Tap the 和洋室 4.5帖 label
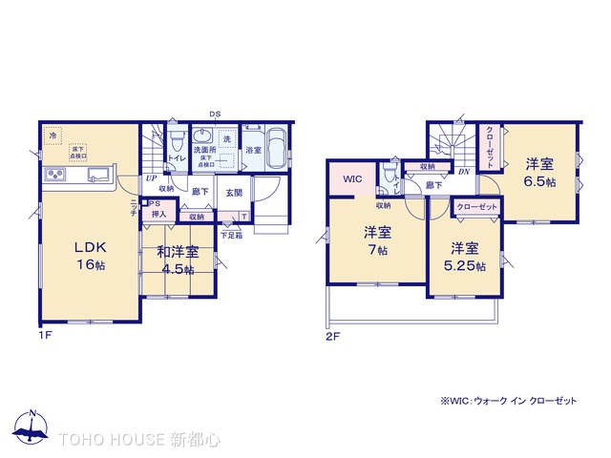[x=178, y=260]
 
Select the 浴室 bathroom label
[x=253, y=150]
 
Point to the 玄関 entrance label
[x=233, y=192]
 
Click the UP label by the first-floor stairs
[x=151, y=178]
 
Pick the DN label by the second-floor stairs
[x=463, y=172]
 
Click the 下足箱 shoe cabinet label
[x=230, y=235]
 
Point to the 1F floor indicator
[x=45, y=336]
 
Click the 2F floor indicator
[x=333, y=336]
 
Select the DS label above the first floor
[x=216, y=114]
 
